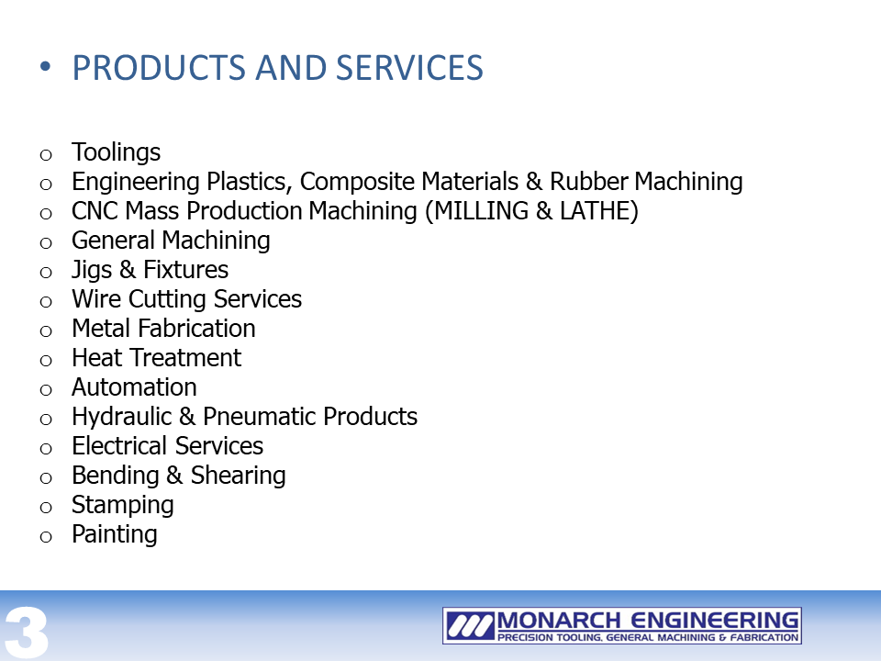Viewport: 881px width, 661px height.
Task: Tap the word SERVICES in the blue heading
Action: coord(409,67)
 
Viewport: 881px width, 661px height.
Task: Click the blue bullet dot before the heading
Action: coord(46,67)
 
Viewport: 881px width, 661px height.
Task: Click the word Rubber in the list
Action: coord(589,182)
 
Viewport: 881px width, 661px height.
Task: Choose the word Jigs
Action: coord(92,270)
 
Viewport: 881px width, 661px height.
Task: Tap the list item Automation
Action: coord(134,387)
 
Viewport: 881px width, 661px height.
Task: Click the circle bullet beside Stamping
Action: coord(46,508)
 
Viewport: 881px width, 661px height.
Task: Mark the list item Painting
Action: coord(115,534)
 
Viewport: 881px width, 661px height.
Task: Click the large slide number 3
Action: coord(26,633)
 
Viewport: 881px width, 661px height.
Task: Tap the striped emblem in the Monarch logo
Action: coord(470,625)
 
